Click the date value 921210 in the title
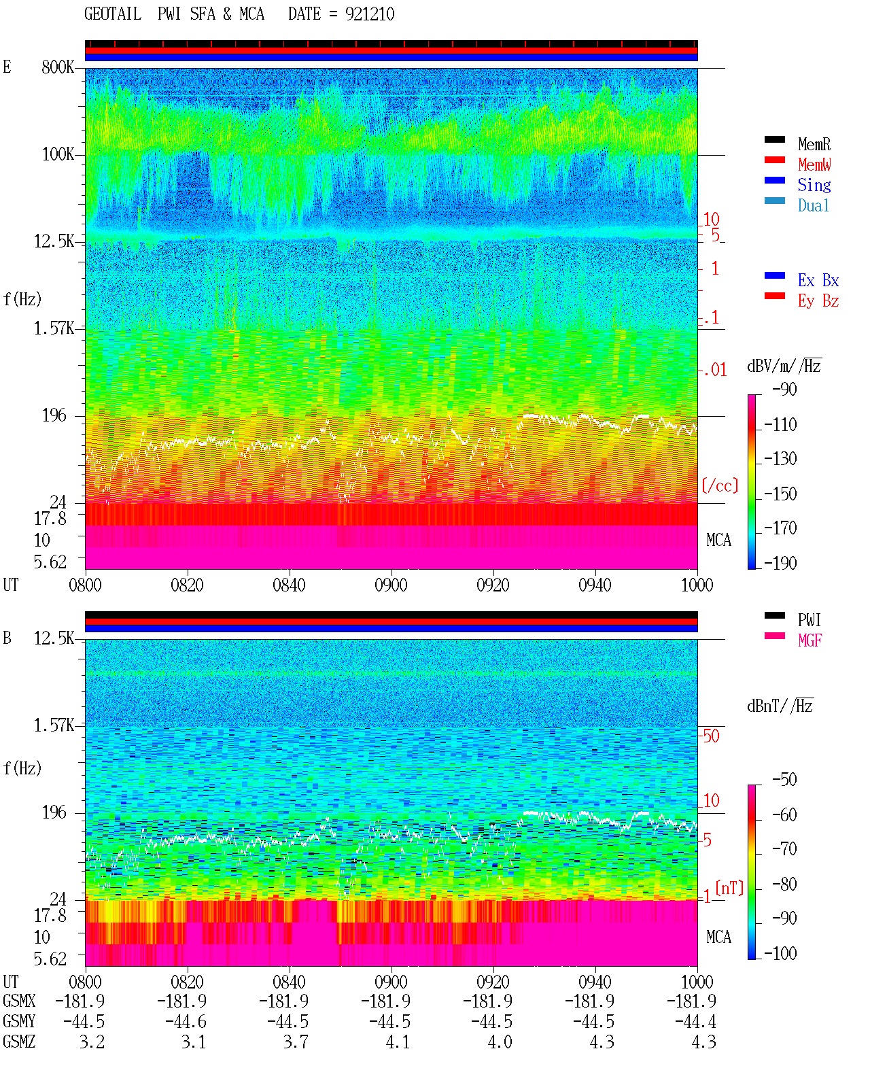[x=369, y=14]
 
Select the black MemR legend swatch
[x=774, y=139]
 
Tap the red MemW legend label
[x=814, y=165]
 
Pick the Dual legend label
[x=813, y=205]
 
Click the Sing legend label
[x=814, y=185]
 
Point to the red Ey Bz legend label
[x=818, y=301]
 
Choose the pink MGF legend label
[x=810, y=640]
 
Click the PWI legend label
[x=809, y=620]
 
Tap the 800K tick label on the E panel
[x=58, y=67]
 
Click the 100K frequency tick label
[x=58, y=154]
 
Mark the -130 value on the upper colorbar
[x=780, y=459]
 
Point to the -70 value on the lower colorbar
[x=784, y=849]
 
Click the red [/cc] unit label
[x=720, y=485]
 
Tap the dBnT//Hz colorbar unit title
[x=780, y=706]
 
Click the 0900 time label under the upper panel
[x=391, y=585]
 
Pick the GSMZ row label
[x=19, y=1042]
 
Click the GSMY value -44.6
[x=186, y=1021]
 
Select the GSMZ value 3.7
[x=296, y=1042]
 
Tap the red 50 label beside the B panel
[x=711, y=736]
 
